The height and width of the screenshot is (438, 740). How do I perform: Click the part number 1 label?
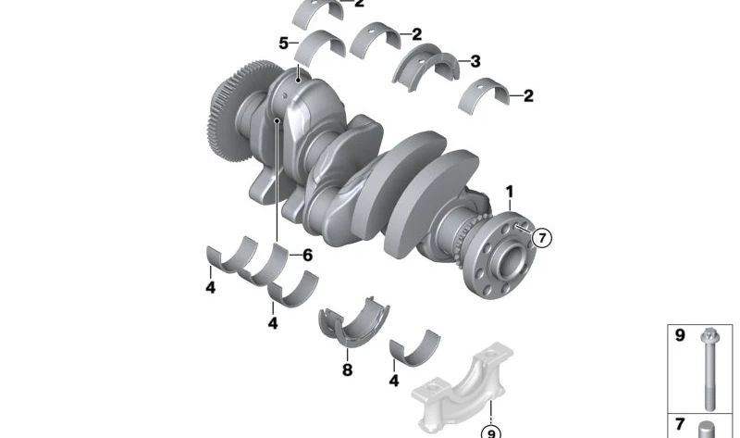pos(508,192)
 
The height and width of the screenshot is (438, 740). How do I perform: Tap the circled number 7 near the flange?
pos(541,238)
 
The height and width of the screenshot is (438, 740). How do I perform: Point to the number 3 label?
pos(475,62)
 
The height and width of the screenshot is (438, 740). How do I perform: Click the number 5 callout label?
pos(283,43)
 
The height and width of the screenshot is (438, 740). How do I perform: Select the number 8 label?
pos(348,370)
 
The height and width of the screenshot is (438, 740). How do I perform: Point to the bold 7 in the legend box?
pos(680,424)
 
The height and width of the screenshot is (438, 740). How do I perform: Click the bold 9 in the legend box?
pos(680,335)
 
